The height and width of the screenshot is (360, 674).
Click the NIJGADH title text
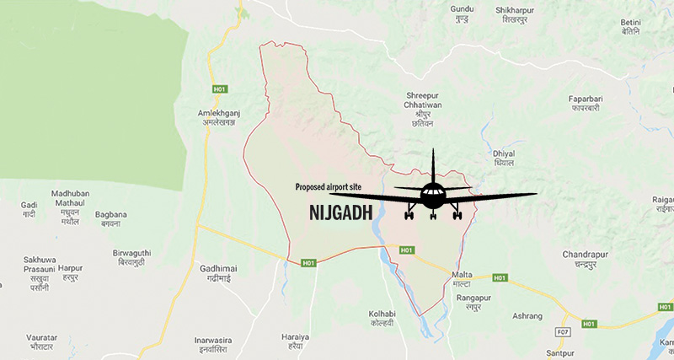[335, 213]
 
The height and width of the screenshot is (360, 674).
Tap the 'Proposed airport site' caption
[332, 187]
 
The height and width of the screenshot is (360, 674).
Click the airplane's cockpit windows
[433, 191]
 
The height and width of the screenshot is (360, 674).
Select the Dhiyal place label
[504, 158]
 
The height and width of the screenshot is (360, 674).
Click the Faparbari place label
[588, 105]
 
